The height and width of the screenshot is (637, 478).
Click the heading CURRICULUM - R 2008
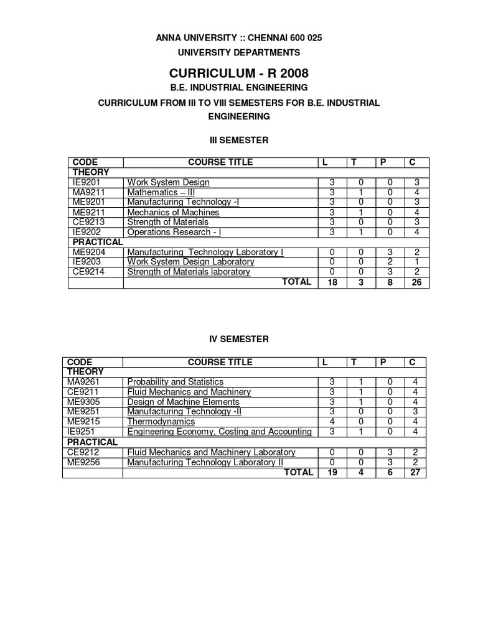(x=238, y=74)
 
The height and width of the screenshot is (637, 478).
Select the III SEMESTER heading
(x=238, y=140)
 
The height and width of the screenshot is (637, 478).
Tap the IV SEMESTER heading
(x=238, y=339)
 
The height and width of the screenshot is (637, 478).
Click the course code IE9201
(x=85, y=182)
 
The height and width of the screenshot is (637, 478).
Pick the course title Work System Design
(x=168, y=182)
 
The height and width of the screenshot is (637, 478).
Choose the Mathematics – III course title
(x=161, y=192)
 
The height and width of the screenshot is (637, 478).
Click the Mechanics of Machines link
(x=173, y=212)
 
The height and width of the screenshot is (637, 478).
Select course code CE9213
(x=86, y=222)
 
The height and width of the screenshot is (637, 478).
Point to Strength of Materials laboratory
(x=189, y=272)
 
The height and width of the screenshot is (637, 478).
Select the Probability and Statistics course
(x=175, y=382)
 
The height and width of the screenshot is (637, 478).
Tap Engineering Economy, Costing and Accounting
(x=219, y=432)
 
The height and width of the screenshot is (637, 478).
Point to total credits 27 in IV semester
(x=415, y=473)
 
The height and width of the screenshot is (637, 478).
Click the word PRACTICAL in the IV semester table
(x=92, y=442)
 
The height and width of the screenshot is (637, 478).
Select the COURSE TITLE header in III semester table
(x=220, y=162)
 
